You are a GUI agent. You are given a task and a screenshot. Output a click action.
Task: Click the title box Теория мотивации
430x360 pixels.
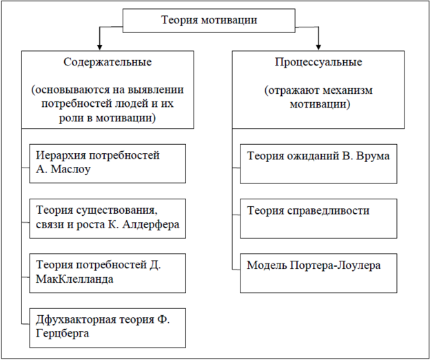coord(209,20)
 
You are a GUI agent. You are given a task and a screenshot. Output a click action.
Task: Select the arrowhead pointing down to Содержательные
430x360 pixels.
coord(101,45)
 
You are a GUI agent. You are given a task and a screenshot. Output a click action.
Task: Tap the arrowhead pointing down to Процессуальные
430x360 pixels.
coord(318,45)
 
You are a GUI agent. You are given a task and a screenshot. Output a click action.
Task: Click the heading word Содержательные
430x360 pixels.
coord(107,62)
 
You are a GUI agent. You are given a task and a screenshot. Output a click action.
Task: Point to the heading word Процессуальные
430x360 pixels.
coord(318,62)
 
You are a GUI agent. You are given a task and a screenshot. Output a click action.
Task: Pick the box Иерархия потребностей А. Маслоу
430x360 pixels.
coord(108,163)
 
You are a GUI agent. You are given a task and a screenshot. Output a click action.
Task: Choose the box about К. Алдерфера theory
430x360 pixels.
coord(108,218)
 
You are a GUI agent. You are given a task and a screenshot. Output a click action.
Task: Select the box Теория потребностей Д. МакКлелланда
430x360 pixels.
coord(108,272)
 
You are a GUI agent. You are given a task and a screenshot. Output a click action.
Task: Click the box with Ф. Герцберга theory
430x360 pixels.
coord(108,327)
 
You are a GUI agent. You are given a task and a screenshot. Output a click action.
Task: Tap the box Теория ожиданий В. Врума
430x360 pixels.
coord(318,163)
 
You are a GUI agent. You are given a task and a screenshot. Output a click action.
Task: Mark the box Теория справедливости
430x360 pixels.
coord(318,218)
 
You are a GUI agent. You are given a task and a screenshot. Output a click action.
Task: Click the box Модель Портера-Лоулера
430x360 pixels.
coord(318,272)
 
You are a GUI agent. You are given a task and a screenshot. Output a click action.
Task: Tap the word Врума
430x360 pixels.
coord(373,156)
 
